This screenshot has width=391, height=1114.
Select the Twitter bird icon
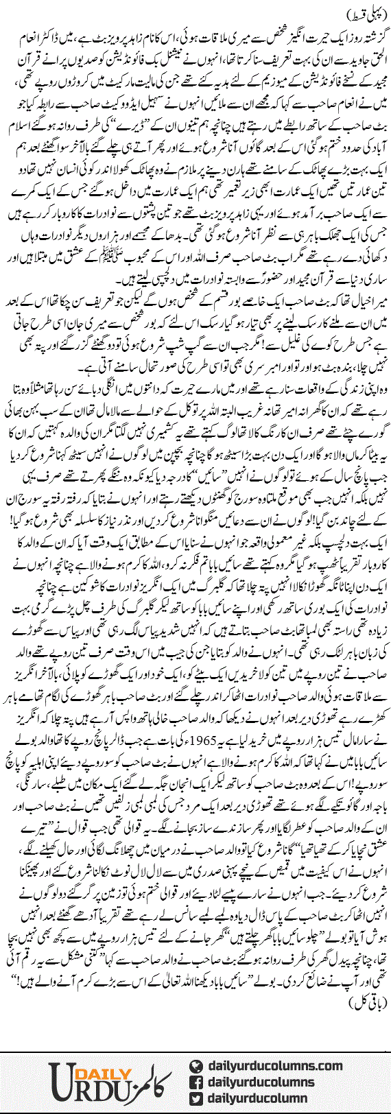[x=196, y=1098]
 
